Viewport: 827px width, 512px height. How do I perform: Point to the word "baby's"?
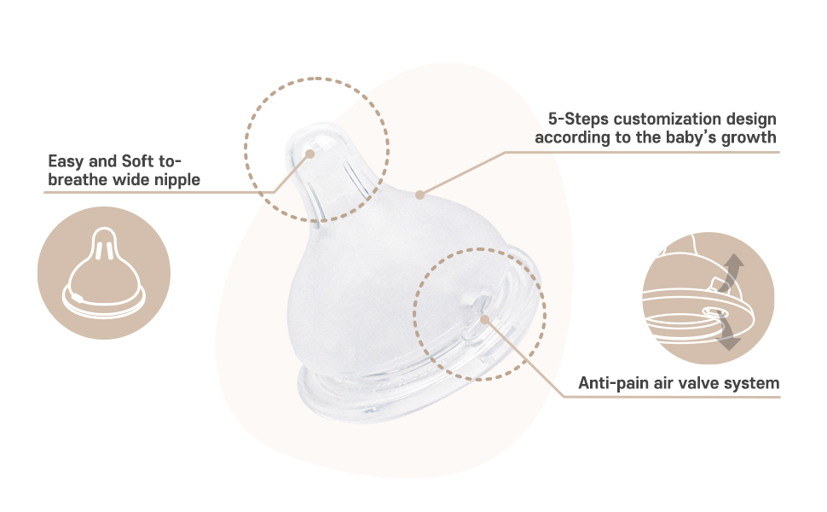(x=695, y=137)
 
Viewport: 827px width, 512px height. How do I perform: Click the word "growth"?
(x=749, y=137)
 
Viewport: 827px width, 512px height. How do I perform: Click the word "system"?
(x=752, y=383)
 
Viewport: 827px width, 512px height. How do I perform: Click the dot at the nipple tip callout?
(x=309, y=155)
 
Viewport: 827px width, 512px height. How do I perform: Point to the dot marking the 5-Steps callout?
(x=419, y=195)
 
